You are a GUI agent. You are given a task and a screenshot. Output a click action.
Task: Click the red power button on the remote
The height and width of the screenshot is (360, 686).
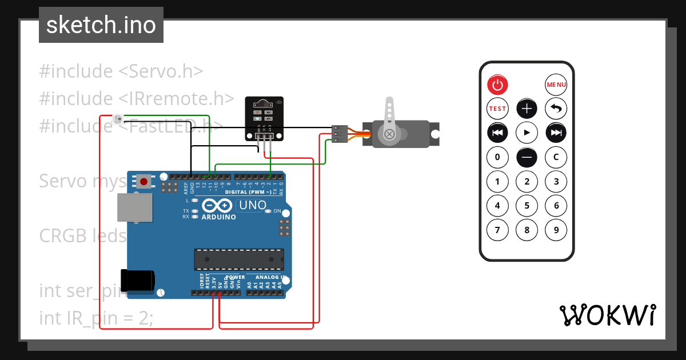(497, 85)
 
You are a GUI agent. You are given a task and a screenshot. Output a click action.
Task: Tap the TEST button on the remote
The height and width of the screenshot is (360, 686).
(497, 108)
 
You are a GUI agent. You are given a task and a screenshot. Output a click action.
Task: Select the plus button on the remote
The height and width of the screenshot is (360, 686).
(527, 108)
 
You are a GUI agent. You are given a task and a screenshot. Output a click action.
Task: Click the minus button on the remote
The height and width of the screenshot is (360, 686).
(527, 157)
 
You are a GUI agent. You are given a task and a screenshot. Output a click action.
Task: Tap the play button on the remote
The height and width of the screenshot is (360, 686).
(527, 133)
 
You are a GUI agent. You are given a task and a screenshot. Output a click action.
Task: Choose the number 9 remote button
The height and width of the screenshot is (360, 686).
(556, 230)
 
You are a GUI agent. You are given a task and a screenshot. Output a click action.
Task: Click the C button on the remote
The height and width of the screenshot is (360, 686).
(556, 157)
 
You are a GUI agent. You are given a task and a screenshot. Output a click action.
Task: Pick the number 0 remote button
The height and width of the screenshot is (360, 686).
(497, 157)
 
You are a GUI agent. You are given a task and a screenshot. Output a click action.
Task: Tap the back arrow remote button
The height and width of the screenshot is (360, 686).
(556, 108)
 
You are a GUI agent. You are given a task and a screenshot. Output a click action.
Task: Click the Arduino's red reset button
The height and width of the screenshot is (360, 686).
(143, 182)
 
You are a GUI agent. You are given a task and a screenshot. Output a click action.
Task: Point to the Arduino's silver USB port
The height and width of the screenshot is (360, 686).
(135, 207)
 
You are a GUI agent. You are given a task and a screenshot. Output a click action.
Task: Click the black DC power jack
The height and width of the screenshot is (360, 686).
(137, 280)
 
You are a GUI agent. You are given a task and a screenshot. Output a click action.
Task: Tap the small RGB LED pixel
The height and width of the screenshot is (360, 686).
(118, 119)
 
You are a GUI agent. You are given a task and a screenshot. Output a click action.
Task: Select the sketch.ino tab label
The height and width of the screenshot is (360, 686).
(101, 25)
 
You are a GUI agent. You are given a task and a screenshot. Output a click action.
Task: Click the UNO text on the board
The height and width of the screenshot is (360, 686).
(252, 205)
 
